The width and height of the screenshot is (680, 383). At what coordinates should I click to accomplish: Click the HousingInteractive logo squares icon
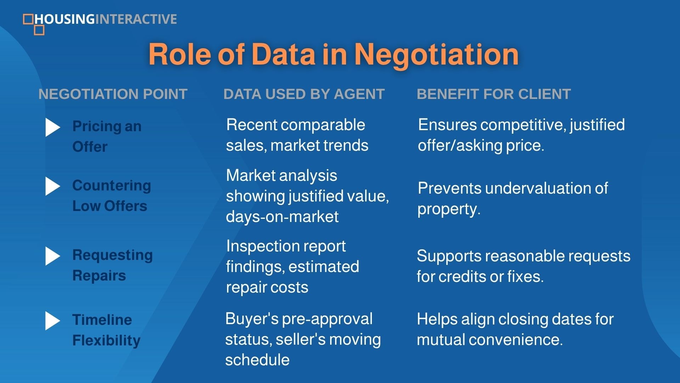[x=34, y=24]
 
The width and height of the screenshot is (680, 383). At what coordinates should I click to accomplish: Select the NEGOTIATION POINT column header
[x=113, y=94]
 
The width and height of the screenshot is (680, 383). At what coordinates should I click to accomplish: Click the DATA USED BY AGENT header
[x=304, y=94]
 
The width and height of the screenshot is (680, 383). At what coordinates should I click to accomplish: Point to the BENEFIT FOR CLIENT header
[x=494, y=94]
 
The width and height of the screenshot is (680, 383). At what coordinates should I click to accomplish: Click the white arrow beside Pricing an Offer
[x=53, y=127]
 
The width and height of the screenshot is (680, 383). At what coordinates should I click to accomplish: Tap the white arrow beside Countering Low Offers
[x=53, y=186]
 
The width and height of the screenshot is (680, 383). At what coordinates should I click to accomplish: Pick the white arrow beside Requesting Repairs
[x=53, y=256]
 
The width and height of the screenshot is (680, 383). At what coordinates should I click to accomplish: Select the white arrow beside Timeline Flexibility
[x=53, y=321]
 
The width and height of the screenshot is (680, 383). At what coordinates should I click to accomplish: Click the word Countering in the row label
[x=112, y=186]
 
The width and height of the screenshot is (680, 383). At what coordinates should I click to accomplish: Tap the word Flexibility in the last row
[x=106, y=340]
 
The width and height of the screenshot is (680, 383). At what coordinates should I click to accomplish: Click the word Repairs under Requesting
[x=99, y=276]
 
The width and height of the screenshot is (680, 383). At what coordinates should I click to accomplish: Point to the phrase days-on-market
[x=282, y=216]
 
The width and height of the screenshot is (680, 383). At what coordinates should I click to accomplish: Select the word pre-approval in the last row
[x=327, y=319]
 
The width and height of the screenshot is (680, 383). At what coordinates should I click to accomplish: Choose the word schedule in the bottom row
[x=257, y=360]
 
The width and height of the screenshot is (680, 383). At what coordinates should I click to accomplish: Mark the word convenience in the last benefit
[x=516, y=340]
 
